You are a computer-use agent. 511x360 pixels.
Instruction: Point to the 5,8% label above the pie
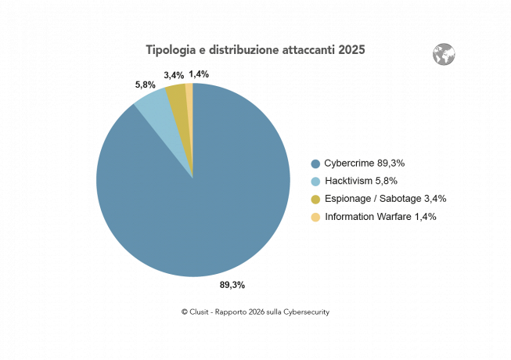tap(146, 84)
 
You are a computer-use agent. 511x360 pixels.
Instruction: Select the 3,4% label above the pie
tap(174, 75)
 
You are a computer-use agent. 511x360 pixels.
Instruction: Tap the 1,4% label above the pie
tap(199, 74)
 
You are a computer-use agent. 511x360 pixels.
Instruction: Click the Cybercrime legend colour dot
tap(315, 164)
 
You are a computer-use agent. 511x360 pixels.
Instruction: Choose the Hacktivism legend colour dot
tap(315, 182)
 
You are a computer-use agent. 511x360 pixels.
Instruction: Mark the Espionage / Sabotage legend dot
tap(315, 200)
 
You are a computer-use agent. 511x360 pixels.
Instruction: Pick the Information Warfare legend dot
tap(315, 218)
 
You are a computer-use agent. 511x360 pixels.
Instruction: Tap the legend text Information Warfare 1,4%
tap(380, 218)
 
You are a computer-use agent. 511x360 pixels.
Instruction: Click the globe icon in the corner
tap(444, 55)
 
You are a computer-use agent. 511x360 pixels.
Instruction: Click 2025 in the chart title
tap(352, 50)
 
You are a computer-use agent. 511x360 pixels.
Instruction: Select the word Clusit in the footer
tap(201, 311)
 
